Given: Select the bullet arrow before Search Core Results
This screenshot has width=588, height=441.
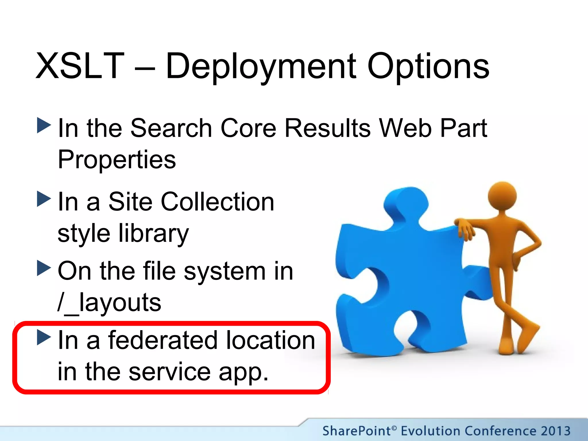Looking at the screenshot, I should click(x=44, y=125).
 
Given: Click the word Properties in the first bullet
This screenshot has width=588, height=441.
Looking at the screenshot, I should click(x=117, y=159).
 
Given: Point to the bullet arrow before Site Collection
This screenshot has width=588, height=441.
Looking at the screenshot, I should click(x=44, y=199).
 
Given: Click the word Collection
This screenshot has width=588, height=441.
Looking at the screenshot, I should click(x=217, y=202).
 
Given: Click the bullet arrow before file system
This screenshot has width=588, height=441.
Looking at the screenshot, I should click(x=44, y=268).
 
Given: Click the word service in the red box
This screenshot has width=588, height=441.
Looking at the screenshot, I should click(x=169, y=372).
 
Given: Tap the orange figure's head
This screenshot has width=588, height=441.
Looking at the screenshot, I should click(x=502, y=196).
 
